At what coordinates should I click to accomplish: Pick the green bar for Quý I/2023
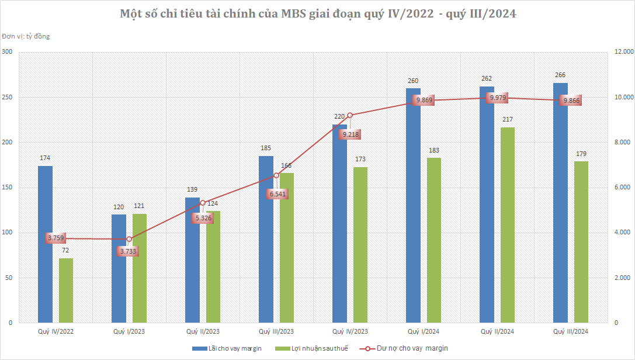pyautogui.click(x=140, y=268)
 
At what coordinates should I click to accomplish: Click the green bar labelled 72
pyautogui.click(x=66, y=290)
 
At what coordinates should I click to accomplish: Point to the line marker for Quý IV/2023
pyautogui.click(x=350, y=116)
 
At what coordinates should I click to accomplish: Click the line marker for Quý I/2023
pyautogui.click(x=129, y=239)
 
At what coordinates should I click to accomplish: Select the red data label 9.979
pyautogui.click(x=498, y=98)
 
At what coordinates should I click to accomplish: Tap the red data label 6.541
pyautogui.click(x=278, y=194)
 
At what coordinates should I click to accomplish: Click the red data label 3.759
pyautogui.click(x=56, y=238)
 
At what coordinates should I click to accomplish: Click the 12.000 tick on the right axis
pyautogui.click(x=624, y=52)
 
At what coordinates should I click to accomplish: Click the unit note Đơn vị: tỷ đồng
pyautogui.click(x=26, y=36)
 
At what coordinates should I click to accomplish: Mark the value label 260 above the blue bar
pyautogui.click(x=413, y=81)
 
